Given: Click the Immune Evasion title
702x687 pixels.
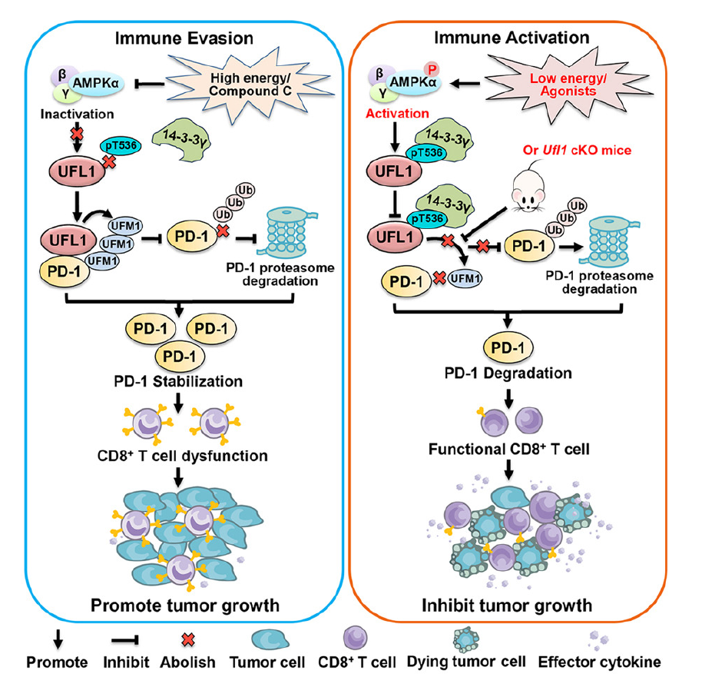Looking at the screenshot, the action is (184, 38).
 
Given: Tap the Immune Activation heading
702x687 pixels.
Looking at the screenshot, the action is (512, 38).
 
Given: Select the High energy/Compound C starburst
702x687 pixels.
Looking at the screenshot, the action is (250, 85).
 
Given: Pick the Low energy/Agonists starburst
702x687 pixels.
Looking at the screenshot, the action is (568, 85).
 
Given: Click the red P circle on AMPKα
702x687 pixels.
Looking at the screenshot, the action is (432, 69).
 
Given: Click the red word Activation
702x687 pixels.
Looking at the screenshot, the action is (397, 113).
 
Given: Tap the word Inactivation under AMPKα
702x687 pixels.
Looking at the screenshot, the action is (77, 114).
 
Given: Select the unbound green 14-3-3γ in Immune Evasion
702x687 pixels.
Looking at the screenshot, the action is (182, 140).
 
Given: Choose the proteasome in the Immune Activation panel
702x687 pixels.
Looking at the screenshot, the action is (610, 242).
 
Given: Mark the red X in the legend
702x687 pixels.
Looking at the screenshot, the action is (188, 639).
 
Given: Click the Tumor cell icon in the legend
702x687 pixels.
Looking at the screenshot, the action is (267, 639).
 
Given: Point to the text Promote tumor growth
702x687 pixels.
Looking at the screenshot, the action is (185, 606).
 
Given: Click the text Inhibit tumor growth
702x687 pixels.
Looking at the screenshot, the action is (507, 606).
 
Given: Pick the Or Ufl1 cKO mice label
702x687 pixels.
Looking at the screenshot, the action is (577, 150).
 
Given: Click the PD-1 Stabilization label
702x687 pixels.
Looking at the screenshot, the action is (178, 382).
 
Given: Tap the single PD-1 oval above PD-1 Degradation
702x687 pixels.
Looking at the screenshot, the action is (508, 347).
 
